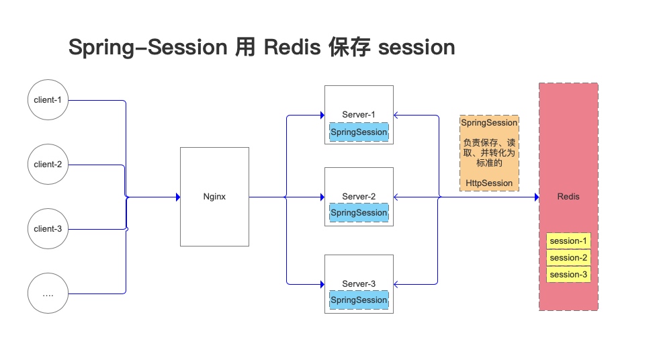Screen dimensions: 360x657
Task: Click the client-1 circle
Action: tap(48, 100)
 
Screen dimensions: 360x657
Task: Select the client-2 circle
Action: tap(48, 165)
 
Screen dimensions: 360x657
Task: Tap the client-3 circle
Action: tap(48, 229)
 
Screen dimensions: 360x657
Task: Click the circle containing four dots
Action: tap(48, 294)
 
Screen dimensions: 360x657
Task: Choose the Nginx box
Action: tap(214, 197)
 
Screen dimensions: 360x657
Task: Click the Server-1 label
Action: tap(359, 115)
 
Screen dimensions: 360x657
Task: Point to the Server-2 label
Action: tap(359, 197)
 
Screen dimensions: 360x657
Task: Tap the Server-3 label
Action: tap(359, 284)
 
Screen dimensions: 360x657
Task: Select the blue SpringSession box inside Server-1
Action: tap(359, 132)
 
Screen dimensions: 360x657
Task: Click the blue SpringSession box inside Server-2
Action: tap(359, 213)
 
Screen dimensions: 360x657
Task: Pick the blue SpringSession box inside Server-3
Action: tap(359, 300)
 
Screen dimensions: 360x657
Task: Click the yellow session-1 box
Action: tap(568, 241)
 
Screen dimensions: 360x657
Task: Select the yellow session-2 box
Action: tap(568, 258)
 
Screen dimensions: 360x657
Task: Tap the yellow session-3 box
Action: tap(568, 275)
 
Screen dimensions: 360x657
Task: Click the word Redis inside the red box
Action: tap(568, 197)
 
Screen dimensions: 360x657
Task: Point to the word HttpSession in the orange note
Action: tap(489, 183)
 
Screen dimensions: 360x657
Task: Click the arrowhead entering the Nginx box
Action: tap(178, 197)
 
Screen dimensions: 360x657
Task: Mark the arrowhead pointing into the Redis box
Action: tap(536, 197)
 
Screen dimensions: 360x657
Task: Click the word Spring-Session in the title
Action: tap(148, 48)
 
